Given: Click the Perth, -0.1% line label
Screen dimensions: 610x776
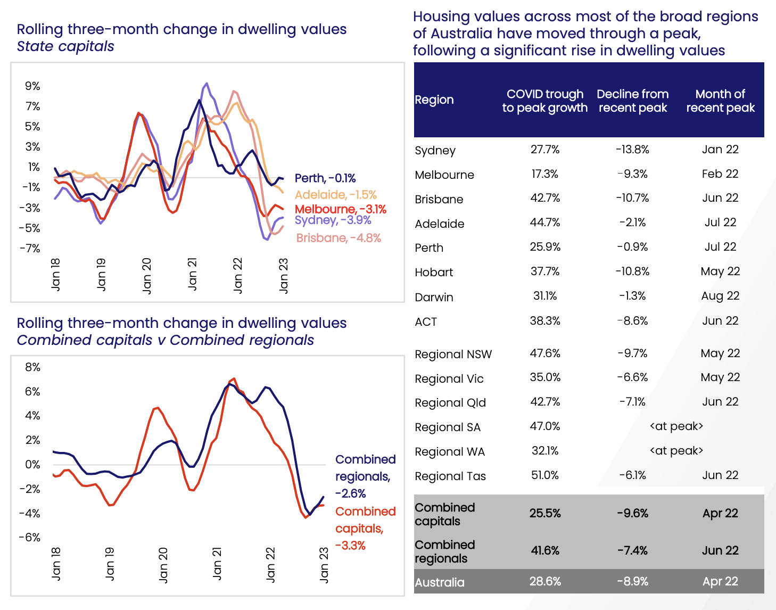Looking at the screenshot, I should pyautogui.click(x=325, y=178).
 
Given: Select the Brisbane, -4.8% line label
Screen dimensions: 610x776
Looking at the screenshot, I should pyautogui.click(x=339, y=238).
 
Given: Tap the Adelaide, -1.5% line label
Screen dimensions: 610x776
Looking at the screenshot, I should pyautogui.click(x=335, y=195).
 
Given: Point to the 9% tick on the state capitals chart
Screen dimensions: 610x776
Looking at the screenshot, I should pyautogui.click(x=32, y=86).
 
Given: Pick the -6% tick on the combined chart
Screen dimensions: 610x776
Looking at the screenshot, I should pyautogui.click(x=30, y=537).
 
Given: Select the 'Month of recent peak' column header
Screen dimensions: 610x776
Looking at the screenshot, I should pyautogui.click(x=720, y=101).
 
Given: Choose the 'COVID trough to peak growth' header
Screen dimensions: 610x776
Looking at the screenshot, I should pyautogui.click(x=545, y=101).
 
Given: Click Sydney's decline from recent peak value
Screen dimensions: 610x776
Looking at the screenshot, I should pyautogui.click(x=632, y=150).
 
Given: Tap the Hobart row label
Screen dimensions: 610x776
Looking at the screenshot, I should pyautogui.click(x=434, y=273).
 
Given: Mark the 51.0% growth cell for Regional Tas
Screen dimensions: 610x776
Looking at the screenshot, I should pyautogui.click(x=545, y=475).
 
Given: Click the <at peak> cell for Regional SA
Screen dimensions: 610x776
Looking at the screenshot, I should pyautogui.click(x=676, y=426).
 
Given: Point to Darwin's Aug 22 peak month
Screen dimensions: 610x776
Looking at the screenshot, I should pyautogui.click(x=720, y=296).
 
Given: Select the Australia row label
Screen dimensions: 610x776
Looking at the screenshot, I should pyautogui.click(x=440, y=582).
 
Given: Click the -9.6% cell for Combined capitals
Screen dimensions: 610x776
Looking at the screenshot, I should pyautogui.click(x=632, y=513).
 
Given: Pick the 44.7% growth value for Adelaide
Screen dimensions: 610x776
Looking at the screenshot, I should pyautogui.click(x=545, y=222).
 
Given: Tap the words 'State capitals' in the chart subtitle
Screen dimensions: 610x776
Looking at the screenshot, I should pyautogui.click(x=65, y=46).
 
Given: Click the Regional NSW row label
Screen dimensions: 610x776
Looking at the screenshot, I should pyautogui.click(x=453, y=355).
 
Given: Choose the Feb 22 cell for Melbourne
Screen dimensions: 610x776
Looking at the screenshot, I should pyautogui.click(x=720, y=174).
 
